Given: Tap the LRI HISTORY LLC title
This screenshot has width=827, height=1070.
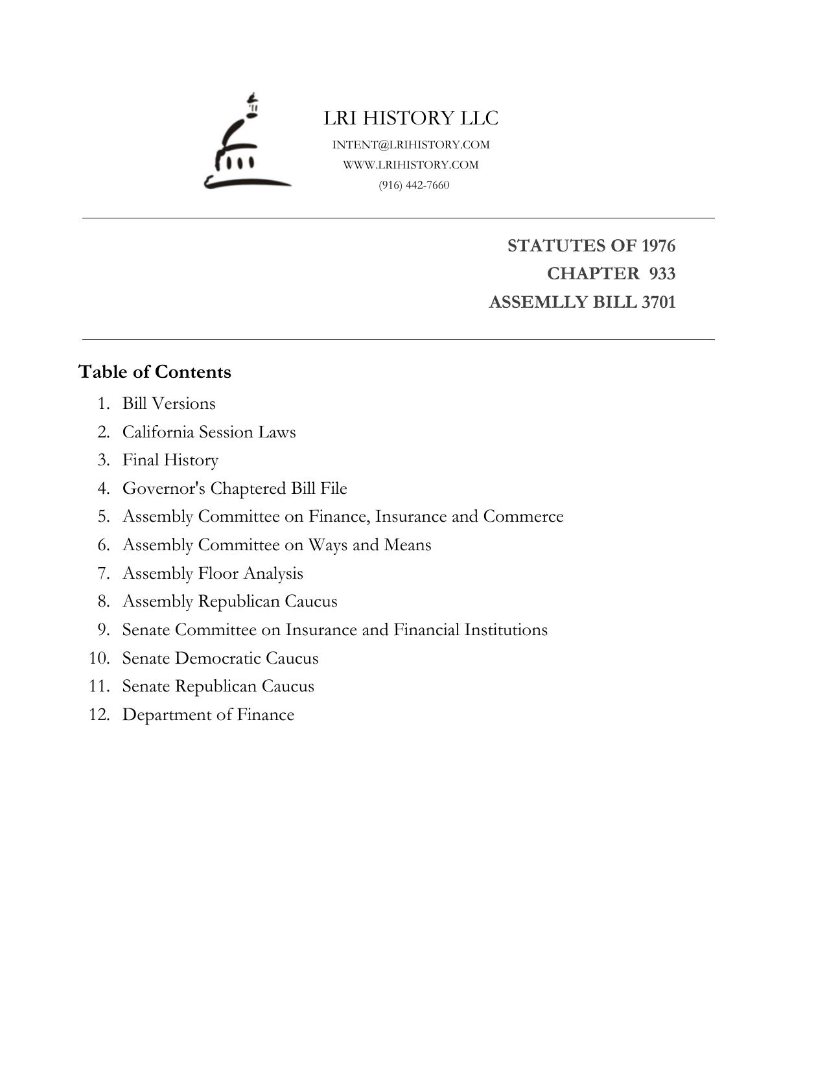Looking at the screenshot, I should pyautogui.click(x=411, y=118).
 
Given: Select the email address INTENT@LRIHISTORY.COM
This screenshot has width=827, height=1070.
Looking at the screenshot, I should pyautogui.click(x=411, y=145).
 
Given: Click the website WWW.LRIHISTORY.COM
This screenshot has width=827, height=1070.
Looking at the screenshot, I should pyautogui.click(x=411, y=165).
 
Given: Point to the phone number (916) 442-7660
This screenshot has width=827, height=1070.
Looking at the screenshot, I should pyautogui.click(x=413, y=185).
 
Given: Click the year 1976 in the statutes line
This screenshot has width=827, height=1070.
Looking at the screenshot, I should pyautogui.click(x=658, y=246).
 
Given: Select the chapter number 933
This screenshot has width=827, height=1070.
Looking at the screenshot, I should pyautogui.click(x=662, y=273).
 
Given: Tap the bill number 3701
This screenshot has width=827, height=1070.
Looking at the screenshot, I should pyautogui.click(x=658, y=302).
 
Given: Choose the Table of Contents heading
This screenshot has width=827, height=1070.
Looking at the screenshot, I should pyautogui.click(x=155, y=372).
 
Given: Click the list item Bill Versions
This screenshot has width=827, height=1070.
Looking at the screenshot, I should pyautogui.click(x=169, y=404).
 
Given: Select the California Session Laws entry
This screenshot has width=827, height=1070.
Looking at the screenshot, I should pyautogui.click(x=209, y=432).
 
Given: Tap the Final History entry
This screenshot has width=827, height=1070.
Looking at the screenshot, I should pyautogui.click(x=170, y=460).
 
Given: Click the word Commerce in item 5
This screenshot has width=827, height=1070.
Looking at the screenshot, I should pyautogui.click(x=523, y=517).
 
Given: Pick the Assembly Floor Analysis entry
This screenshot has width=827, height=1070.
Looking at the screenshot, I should pyautogui.click(x=213, y=574).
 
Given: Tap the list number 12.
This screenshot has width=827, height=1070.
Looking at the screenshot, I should pyautogui.click(x=99, y=715).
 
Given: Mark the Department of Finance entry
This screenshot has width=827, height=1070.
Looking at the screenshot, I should pyautogui.click(x=208, y=715).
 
